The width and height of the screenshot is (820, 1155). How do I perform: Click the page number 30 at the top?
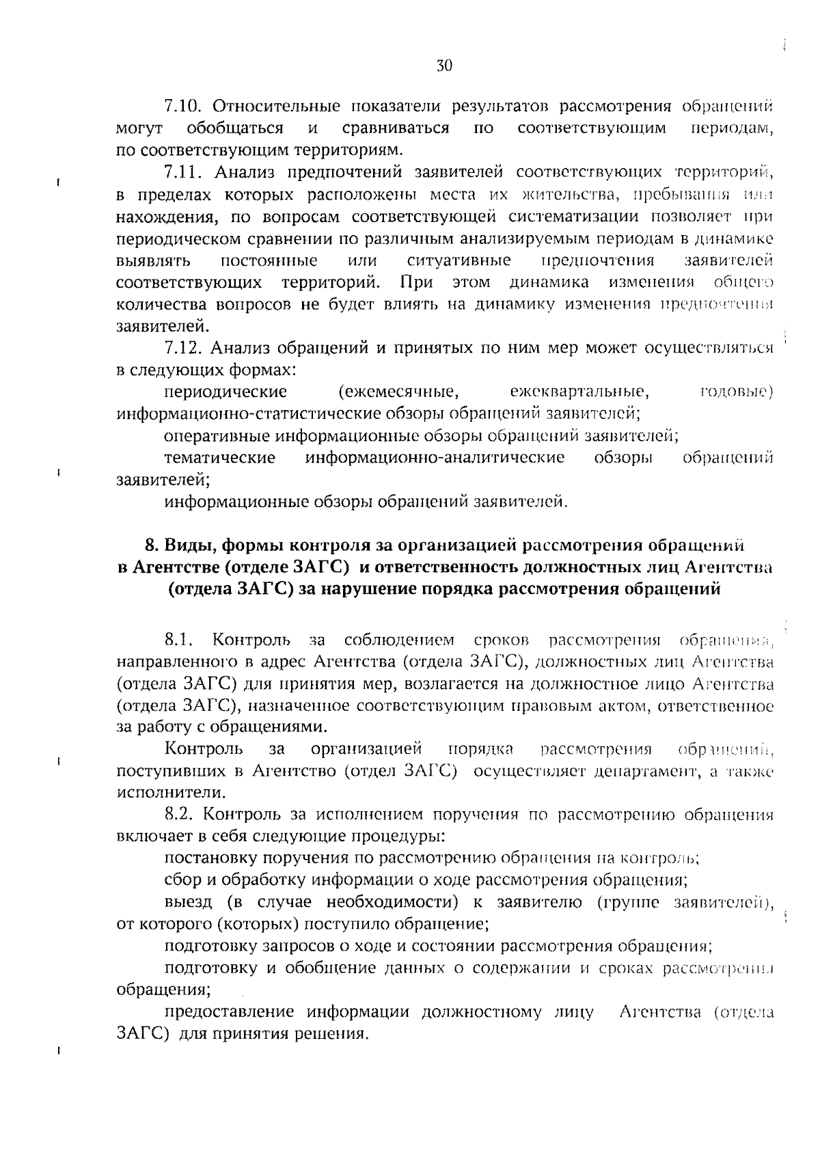444,66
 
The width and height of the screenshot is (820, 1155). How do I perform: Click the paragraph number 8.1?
180,641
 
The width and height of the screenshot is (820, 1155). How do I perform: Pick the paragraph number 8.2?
181,815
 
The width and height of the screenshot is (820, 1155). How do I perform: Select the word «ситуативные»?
459,261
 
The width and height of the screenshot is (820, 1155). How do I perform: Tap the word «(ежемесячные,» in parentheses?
398,392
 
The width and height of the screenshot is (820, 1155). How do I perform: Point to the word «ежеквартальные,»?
579,392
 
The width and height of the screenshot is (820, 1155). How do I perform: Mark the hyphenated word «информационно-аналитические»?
435,458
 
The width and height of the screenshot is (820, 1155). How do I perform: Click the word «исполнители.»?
161,793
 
